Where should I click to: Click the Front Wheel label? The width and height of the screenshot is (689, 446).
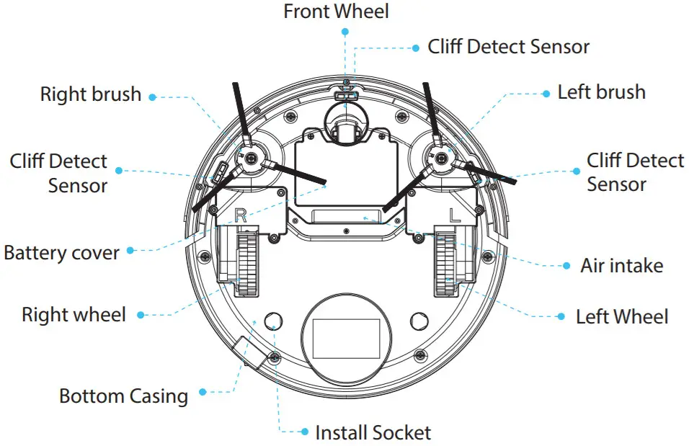tap(335, 12)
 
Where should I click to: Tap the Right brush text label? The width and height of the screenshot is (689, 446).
tap(90, 94)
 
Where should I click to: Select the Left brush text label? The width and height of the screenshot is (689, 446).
tap(601, 92)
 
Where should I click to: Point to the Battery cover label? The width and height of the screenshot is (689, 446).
tap(61, 253)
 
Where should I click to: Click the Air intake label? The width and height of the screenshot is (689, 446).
tap(621, 265)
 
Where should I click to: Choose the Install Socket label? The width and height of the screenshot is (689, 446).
tap(373, 432)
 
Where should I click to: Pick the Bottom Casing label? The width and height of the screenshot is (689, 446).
tap(123, 396)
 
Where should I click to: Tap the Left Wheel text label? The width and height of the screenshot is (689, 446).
tap(621, 316)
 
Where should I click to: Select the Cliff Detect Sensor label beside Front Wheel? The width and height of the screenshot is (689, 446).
tap(508, 47)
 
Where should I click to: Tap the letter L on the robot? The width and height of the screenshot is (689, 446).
tap(454, 214)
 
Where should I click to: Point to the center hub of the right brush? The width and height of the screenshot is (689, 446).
tap(250, 158)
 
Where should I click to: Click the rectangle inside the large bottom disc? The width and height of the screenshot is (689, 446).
tap(346, 339)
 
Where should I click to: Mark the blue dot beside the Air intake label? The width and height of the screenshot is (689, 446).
tap(566, 265)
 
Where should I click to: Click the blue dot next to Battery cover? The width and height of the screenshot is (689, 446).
tap(130, 251)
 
